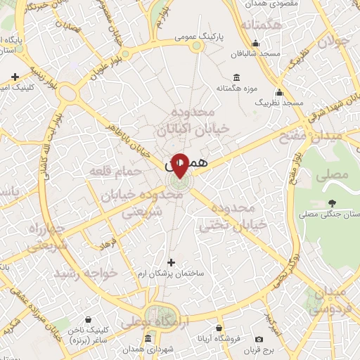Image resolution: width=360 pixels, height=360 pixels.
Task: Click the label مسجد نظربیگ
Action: (x=279, y=103)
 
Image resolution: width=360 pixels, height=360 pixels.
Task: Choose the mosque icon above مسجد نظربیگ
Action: (x=279, y=92)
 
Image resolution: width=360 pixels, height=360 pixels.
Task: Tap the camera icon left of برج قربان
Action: (x=259, y=340)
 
